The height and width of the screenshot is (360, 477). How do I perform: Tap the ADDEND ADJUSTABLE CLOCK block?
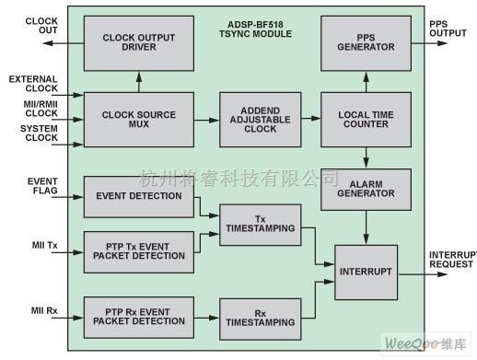pyautogui.click(x=254, y=119)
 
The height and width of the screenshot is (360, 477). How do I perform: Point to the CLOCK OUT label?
pyautogui.click(x=41, y=27)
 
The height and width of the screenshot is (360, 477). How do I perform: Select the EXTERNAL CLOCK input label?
pyautogui.click(x=35, y=85)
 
